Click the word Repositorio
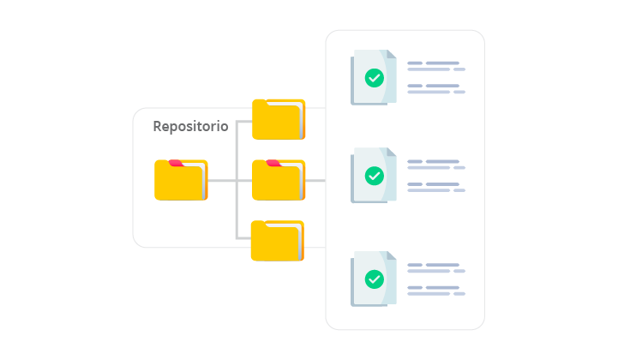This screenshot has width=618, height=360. point(190,127)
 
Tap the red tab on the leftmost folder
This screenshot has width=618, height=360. point(176,163)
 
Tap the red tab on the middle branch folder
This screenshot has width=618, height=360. point(273,163)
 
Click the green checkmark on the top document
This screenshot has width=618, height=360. point(375,78)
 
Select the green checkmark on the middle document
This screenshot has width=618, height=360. point(375,176)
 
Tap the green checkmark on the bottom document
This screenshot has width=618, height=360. point(375,279)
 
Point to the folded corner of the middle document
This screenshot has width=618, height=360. point(391,153)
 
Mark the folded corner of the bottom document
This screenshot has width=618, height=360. point(391,256)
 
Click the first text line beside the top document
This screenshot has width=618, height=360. point(434,63)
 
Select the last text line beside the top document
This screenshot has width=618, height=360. point(436,92)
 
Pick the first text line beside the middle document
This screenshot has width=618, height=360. point(434,161)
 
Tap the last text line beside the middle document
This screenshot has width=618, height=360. point(436,189)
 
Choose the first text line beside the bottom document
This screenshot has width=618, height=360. point(434,265)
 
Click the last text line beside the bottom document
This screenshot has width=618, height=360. point(436,293)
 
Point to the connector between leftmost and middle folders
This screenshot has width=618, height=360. point(222,181)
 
